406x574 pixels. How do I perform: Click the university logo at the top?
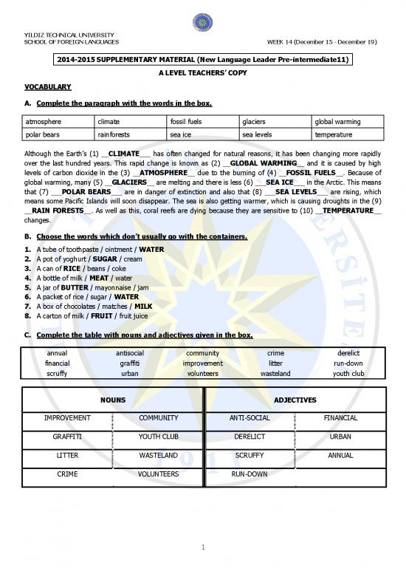pyautogui.click(x=202, y=23)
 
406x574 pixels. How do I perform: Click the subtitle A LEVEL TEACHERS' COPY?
pyautogui.click(x=202, y=75)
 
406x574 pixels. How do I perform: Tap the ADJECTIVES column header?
pyautogui.click(x=294, y=400)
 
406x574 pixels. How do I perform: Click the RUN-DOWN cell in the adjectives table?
pyautogui.click(x=250, y=474)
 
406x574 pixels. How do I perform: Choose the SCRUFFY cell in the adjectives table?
pyautogui.click(x=250, y=455)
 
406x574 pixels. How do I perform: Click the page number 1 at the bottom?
pyautogui.click(x=202, y=547)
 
